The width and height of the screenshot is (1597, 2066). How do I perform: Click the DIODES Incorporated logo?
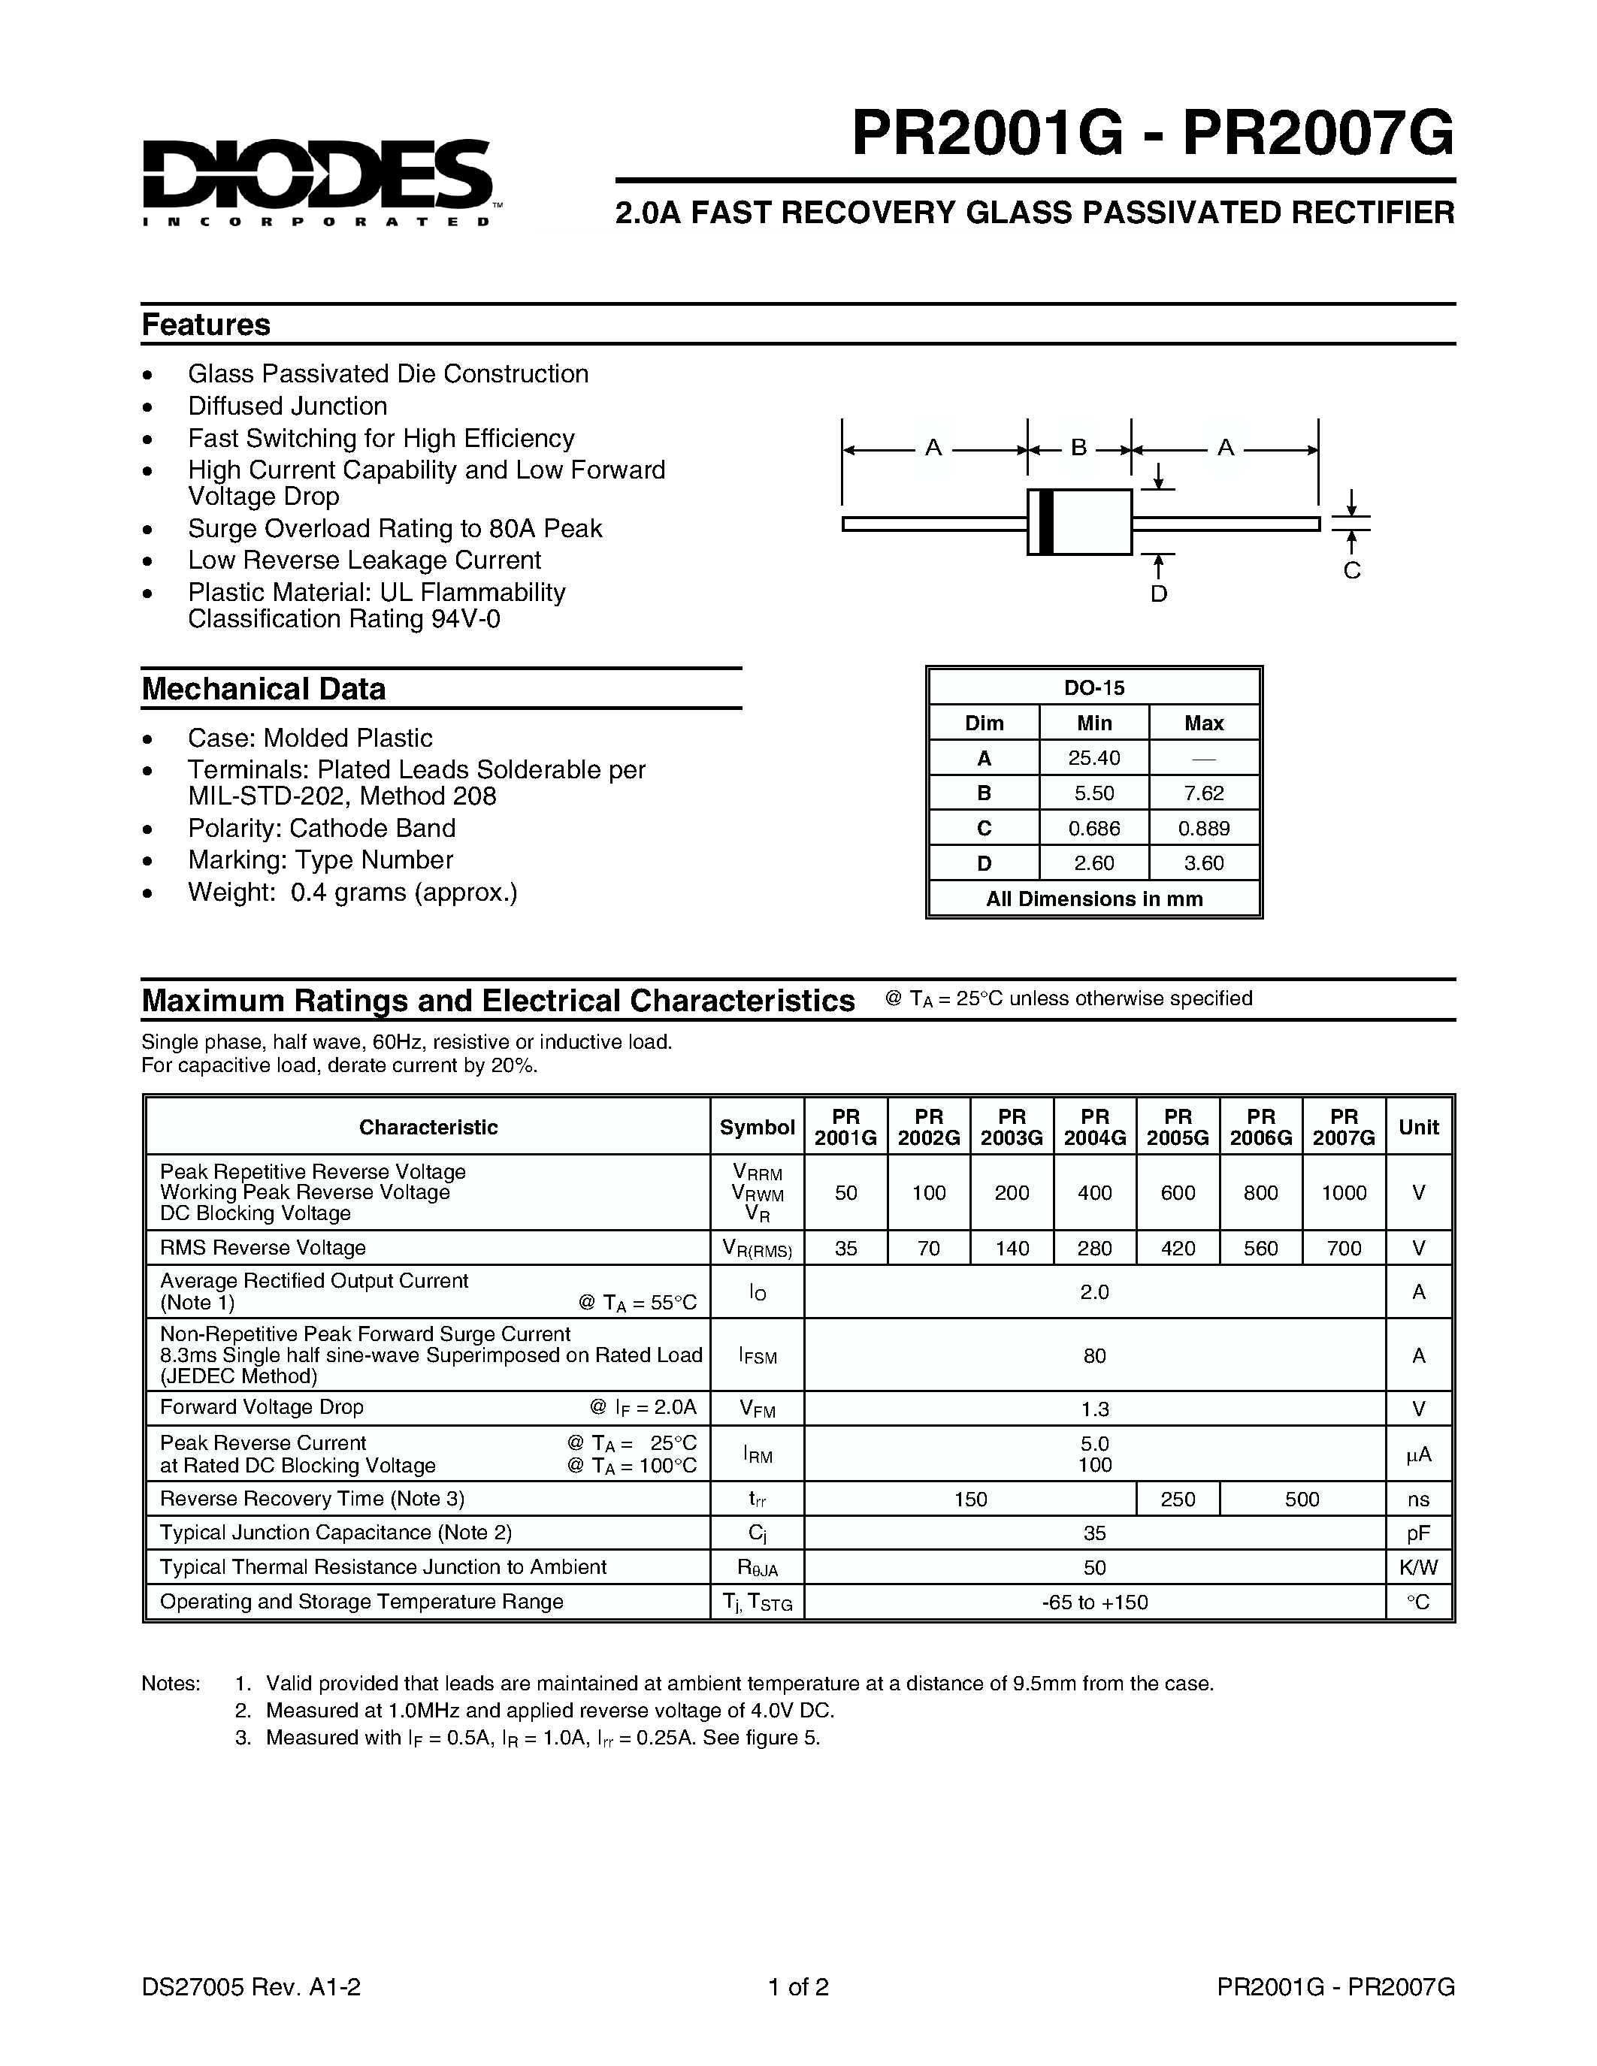(x=317, y=180)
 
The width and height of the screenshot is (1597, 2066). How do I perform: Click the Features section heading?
(x=205, y=325)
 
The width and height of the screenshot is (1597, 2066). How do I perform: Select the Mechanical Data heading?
(x=263, y=689)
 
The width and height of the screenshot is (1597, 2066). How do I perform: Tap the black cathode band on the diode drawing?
(x=1045, y=522)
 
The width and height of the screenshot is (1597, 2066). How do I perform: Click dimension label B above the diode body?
(x=1078, y=448)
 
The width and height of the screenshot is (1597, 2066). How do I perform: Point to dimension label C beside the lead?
(x=1352, y=570)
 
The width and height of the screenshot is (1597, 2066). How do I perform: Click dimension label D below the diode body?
(x=1159, y=594)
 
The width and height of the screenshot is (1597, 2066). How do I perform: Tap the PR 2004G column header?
(x=1095, y=1127)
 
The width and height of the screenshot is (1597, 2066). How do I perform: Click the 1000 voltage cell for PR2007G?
(x=1344, y=1193)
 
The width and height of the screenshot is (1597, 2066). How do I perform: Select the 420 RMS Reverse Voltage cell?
(x=1178, y=1249)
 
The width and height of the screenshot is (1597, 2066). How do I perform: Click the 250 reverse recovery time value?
(x=1178, y=1500)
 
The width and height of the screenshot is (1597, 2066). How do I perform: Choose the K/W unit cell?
(x=1418, y=1567)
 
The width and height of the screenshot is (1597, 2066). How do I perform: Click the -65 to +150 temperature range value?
(x=1095, y=1602)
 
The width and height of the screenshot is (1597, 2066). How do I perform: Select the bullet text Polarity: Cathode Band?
(x=321, y=828)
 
